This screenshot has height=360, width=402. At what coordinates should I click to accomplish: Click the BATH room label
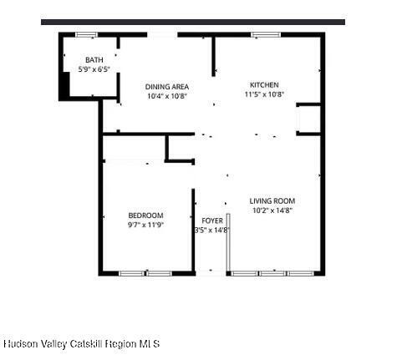94,60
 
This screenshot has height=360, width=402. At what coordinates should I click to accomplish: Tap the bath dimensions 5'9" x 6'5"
94,69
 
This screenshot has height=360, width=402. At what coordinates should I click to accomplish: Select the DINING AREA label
166,86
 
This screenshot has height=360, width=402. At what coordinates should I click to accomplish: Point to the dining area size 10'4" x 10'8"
166,96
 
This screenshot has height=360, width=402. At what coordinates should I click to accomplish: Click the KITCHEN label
264,84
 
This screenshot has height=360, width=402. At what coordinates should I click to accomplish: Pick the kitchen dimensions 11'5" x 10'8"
264,94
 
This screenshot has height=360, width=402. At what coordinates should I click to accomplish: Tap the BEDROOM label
145,215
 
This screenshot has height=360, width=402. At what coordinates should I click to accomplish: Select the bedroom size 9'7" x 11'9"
145,225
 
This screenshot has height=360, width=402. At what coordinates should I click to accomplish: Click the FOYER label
212,221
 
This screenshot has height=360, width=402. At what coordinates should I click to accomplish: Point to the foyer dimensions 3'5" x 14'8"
212,230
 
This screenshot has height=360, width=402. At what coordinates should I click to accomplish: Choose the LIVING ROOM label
272,200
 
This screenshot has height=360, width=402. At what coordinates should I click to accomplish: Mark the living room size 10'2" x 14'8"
272,210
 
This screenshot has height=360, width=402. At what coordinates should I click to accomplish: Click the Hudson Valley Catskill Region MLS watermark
81,343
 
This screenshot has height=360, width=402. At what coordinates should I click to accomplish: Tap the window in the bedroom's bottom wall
145,272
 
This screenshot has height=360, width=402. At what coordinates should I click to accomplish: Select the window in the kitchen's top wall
266,34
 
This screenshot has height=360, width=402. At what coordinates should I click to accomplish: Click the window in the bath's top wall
86,34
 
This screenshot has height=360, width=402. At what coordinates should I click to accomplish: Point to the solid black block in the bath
64,87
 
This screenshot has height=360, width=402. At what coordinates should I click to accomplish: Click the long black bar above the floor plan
192,22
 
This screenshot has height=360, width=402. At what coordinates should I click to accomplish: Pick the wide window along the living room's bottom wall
272,272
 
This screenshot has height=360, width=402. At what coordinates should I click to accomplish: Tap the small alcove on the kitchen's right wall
309,119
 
